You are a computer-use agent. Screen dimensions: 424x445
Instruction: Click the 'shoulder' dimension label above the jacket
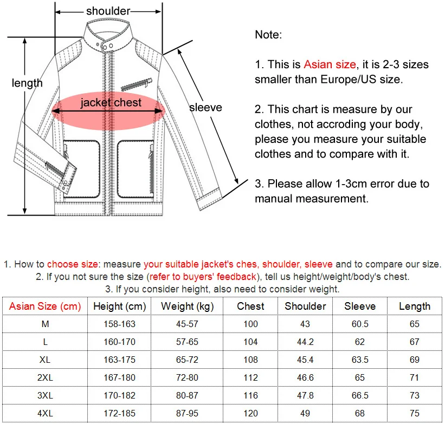click(108, 11)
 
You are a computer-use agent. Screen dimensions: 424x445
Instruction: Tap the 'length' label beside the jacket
click(27, 83)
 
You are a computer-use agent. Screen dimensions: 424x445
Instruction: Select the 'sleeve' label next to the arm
click(205, 107)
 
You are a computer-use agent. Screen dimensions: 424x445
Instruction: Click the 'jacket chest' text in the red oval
click(111, 102)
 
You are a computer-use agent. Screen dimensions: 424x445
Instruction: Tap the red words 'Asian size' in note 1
click(330, 64)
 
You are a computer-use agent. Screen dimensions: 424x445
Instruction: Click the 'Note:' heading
click(268, 35)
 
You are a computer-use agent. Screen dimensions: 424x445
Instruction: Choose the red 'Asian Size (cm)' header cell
click(45, 306)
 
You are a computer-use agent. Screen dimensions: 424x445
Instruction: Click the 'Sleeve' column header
click(360, 306)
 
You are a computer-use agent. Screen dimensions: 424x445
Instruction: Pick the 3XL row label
click(46, 395)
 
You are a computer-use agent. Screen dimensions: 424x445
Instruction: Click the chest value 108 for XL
click(251, 360)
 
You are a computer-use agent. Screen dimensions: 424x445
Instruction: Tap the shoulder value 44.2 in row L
click(305, 342)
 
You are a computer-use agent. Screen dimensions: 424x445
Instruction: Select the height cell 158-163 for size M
click(119, 324)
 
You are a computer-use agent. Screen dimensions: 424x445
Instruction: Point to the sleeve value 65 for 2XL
click(360, 377)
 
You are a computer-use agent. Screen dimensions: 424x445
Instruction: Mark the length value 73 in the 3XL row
click(415, 395)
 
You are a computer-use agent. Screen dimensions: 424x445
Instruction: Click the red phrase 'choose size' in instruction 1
click(73, 265)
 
